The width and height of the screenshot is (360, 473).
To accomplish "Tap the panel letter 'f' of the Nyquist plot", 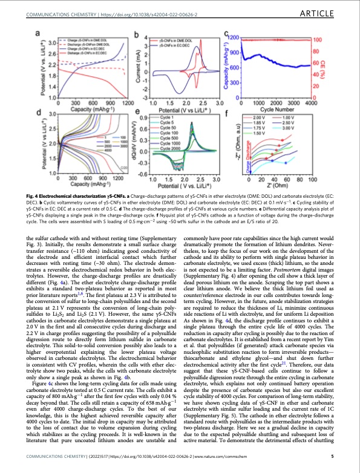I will [226, 113].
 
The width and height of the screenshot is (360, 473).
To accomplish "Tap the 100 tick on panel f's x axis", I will [313, 180].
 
